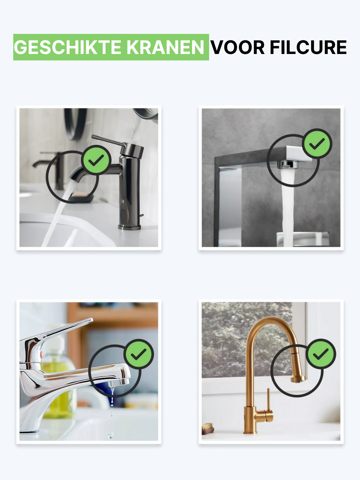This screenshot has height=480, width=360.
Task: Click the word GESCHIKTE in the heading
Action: click(x=67, y=47)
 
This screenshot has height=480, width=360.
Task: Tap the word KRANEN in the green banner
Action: click(x=166, y=47)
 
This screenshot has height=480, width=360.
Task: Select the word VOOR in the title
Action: click(x=238, y=47)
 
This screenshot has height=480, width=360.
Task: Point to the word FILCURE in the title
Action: click(x=308, y=47)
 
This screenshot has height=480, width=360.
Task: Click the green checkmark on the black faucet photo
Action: click(x=96, y=160)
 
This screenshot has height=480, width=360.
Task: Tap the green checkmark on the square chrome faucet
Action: click(x=317, y=143)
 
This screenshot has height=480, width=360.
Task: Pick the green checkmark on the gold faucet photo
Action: click(x=321, y=354)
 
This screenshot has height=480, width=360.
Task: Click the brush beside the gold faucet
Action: click(x=208, y=429)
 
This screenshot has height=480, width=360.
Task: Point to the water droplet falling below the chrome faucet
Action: click(x=111, y=435)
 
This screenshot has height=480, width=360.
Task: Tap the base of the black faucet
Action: click(x=129, y=227)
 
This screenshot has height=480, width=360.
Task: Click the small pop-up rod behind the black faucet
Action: click(x=141, y=216)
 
